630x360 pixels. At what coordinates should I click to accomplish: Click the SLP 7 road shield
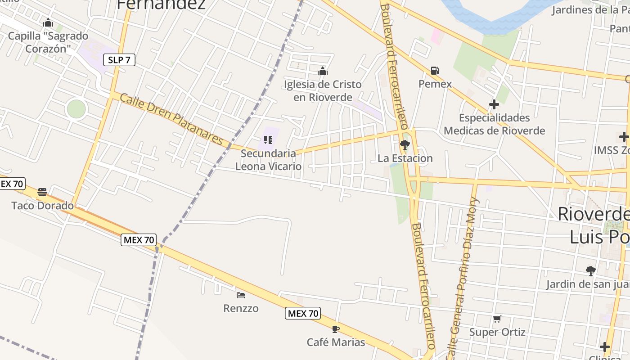pos(119,59)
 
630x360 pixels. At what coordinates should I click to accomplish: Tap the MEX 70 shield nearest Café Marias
pos(303,313)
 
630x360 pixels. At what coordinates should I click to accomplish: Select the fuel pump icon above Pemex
pos(435,71)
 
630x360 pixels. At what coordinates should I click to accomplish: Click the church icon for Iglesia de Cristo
pos(322,71)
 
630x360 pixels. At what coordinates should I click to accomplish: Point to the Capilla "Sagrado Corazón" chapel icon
pos(48,22)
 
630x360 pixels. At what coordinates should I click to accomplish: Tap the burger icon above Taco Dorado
pos(42,193)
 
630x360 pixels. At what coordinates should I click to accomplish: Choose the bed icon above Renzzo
pos(241,295)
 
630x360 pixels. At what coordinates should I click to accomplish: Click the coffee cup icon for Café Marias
pos(335,329)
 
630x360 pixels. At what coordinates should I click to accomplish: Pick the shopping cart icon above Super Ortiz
pos(497,319)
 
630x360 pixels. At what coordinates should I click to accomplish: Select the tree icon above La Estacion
pos(405,145)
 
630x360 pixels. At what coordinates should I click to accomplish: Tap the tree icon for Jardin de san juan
pos(590,271)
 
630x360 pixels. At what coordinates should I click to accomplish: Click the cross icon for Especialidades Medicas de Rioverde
pos(494,105)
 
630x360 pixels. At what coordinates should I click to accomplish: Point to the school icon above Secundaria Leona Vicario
pos(268,140)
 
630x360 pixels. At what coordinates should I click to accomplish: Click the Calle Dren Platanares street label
pos(171,119)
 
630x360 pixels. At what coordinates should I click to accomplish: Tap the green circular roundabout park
pos(76,109)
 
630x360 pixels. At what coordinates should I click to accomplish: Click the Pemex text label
pos(435,84)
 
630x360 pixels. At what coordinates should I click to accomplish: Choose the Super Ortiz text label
pos(497,332)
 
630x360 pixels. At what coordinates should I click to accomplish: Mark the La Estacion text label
pos(405,158)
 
